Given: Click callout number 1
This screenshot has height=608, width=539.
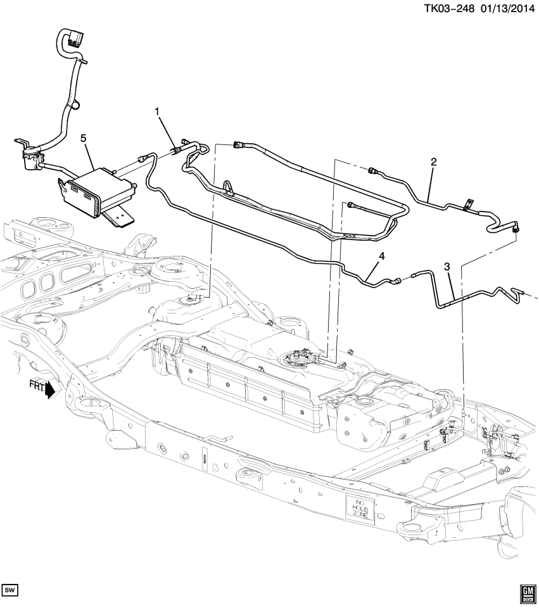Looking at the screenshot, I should coord(158,112).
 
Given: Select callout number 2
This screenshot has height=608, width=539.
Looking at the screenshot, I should coord(433,162).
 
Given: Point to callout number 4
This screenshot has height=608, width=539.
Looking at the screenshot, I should coord(381,256).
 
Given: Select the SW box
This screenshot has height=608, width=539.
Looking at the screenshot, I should coord(10,591).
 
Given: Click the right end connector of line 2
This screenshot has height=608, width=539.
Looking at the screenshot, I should coord(517,227).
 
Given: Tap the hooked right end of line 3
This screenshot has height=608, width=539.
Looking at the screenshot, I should coord(519,291).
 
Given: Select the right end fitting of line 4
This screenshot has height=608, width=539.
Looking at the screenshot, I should coord(396,279).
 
